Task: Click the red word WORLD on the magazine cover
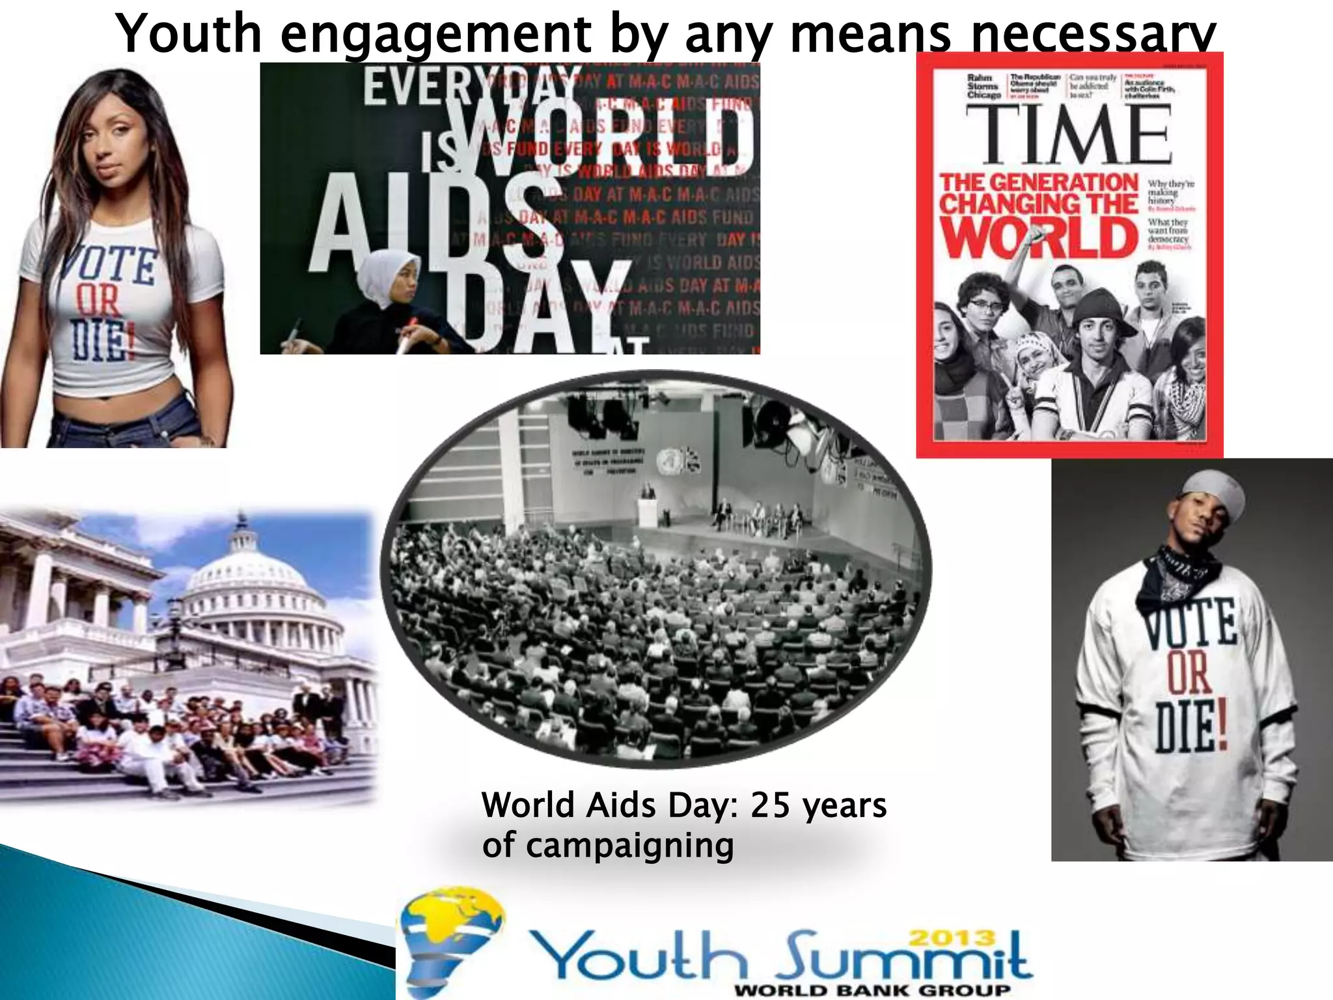(1038, 238)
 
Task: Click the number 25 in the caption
(772, 805)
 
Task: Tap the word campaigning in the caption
(629, 846)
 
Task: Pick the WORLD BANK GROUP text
(872, 991)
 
